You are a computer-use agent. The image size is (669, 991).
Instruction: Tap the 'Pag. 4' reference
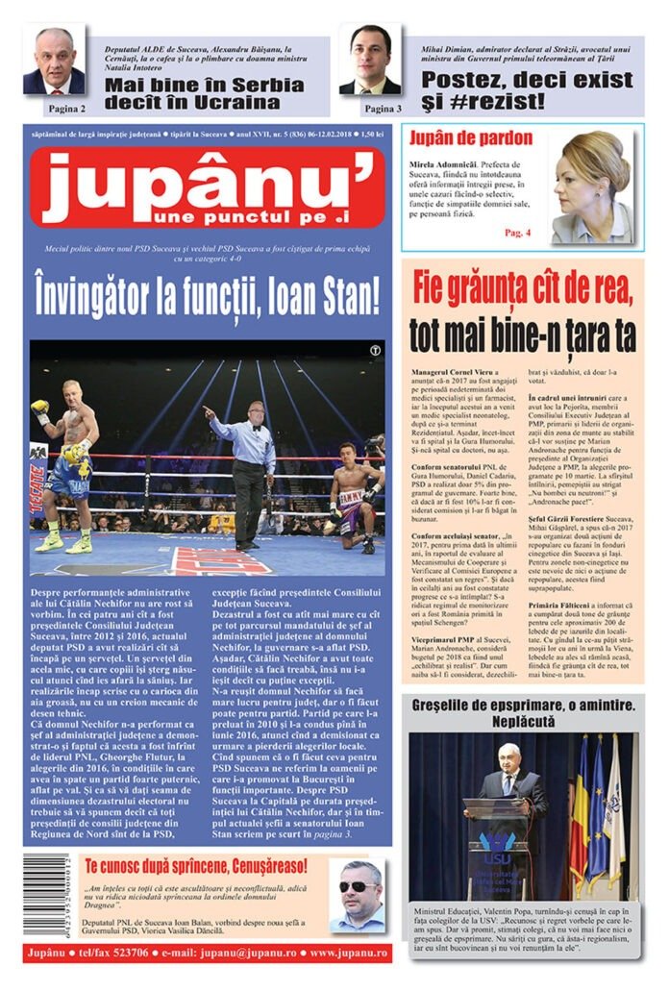[x=517, y=233]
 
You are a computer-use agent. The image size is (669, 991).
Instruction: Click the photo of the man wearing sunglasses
[x=359, y=896]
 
